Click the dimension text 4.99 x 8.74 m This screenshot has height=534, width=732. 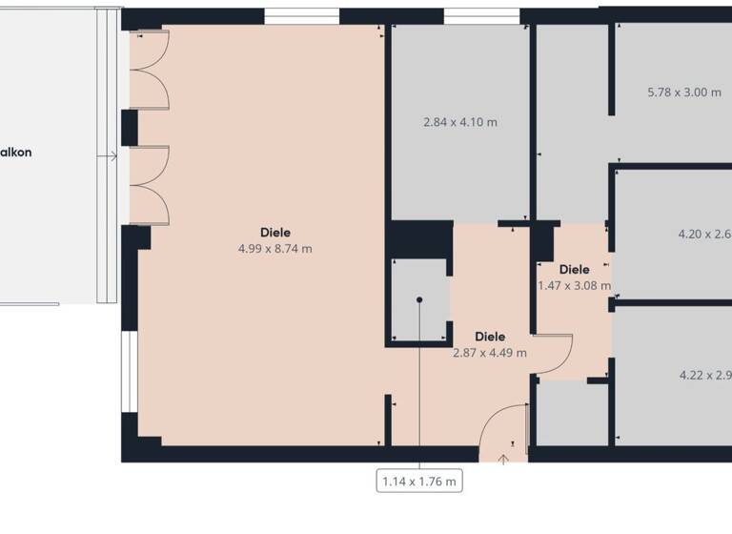point(275,249)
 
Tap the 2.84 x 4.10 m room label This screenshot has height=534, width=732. point(459,122)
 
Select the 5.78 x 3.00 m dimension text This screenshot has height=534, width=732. point(683,92)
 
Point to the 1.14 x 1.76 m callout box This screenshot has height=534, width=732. point(419,482)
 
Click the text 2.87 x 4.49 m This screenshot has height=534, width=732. point(489,352)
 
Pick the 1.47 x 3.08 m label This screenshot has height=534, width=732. point(574,284)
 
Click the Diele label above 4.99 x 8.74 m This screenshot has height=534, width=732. point(275,232)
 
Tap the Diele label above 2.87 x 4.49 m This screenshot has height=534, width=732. point(489,336)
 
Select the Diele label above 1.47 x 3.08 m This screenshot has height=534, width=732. point(575,268)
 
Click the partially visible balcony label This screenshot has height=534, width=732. point(16,152)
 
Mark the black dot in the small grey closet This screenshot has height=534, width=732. point(418,299)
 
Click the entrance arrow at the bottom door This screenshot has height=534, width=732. point(502,460)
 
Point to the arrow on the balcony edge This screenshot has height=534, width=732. point(112,155)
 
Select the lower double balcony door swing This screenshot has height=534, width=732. point(149,185)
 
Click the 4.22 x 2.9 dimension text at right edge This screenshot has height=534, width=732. point(704,375)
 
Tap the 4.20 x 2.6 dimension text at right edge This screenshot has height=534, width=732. point(703,234)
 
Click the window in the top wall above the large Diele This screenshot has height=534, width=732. point(301,16)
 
